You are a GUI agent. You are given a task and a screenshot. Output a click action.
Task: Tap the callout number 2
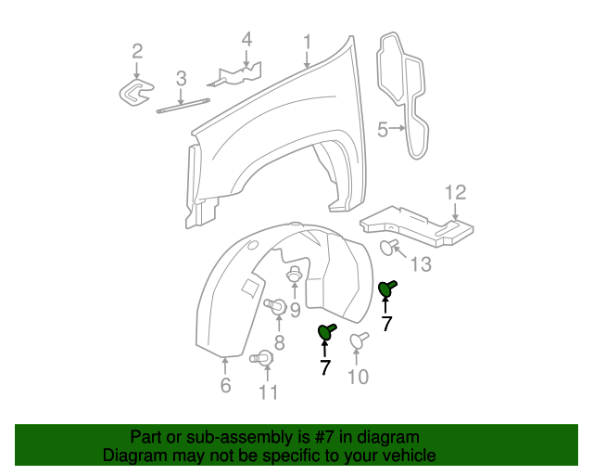pos(137,50)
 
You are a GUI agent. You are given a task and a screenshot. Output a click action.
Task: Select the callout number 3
pos(181,78)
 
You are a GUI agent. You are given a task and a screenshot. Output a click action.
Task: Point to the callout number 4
pos(246,39)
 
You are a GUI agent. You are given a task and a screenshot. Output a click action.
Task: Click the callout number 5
pos(382,131)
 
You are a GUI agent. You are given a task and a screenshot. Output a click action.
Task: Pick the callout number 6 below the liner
pos(225,385)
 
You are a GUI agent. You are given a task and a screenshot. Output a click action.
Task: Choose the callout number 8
pos(278,343)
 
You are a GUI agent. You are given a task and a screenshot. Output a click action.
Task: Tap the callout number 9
pos(295,310)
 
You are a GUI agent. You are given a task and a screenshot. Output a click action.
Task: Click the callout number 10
pos(358,376)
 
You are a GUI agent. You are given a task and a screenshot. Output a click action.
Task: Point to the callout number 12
pos(455,192)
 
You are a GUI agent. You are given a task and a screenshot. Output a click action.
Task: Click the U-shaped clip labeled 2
pos(138,93)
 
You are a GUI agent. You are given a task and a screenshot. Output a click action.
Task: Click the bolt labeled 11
pos(262,357)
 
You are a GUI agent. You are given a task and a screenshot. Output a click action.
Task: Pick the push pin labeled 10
pos(356,342)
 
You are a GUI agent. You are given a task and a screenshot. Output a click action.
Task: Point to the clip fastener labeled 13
pos(389,246)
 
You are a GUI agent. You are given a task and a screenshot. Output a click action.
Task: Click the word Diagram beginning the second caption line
pos(135,456)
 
